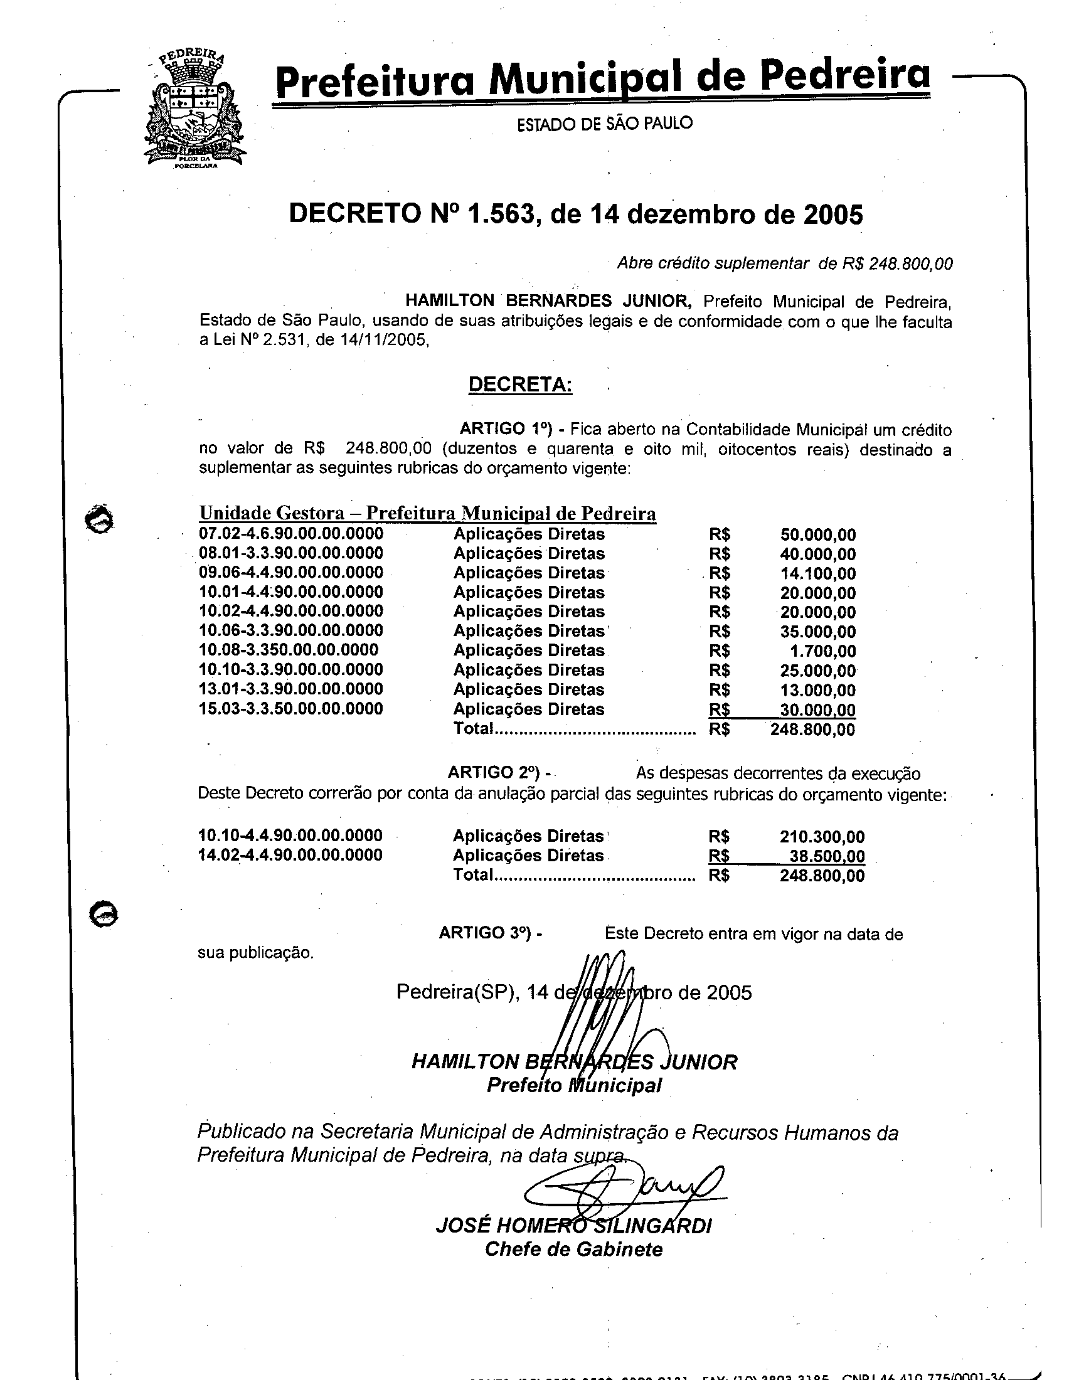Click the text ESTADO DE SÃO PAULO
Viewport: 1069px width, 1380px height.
click(x=605, y=123)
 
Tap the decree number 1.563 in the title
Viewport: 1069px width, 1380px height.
click(x=502, y=215)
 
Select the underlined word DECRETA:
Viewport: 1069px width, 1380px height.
click(x=520, y=384)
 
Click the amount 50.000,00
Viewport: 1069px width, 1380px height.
click(x=817, y=535)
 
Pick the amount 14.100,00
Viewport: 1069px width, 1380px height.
click(x=817, y=574)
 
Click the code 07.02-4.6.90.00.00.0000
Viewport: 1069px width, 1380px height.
click(x=291, y=534)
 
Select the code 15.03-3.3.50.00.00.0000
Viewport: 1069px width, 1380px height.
click(x=291, y=709)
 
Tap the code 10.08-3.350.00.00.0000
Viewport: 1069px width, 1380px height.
click(x=289, y=650)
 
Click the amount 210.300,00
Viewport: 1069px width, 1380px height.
click(x=822, y=837)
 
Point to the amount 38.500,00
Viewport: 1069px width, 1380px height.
click(x=827, y=856)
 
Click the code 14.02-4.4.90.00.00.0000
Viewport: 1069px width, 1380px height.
click(x=290, y=855)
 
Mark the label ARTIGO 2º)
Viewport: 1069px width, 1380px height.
click(x=494, y=773)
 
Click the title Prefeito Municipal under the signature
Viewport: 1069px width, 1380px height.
click(x=573, y=1086)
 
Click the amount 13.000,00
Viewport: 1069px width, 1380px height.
click(x=817, y=691)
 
